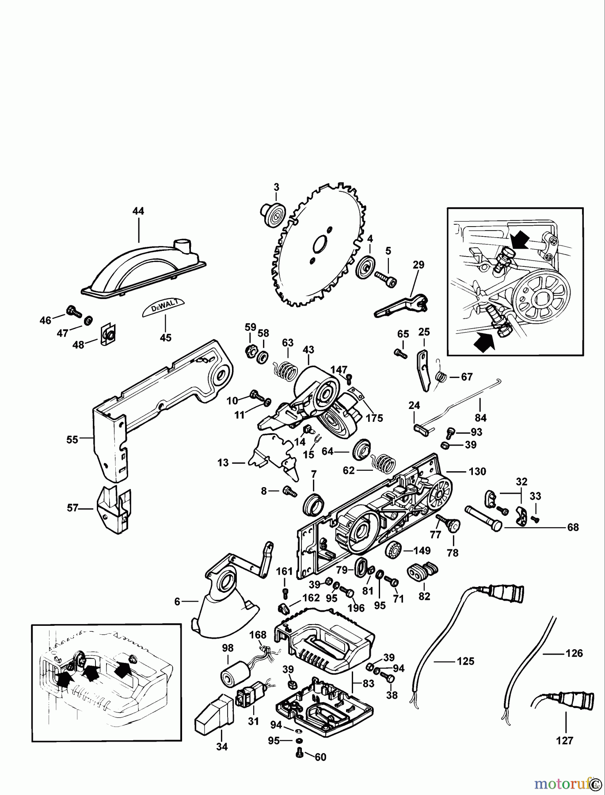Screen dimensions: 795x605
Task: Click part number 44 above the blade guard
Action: click(x=138, y=212)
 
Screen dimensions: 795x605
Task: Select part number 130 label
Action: click(x=477, y=471)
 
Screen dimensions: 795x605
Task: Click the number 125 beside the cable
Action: click(x=465, y=661)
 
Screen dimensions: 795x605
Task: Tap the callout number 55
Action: click(x=72, y=439)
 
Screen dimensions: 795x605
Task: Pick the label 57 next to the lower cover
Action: click(x=72, y=508)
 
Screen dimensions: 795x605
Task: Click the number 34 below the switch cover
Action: click(x=222, y=747)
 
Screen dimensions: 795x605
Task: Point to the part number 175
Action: click(x=374, y=417)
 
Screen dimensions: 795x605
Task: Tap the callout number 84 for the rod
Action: click(x=480, y=417)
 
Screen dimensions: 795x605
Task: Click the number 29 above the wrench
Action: click(x=419, y=265)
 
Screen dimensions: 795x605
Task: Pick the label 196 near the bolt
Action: click(x=356, y=608)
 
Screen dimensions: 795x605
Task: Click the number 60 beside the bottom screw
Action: click(x=320, y=757)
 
